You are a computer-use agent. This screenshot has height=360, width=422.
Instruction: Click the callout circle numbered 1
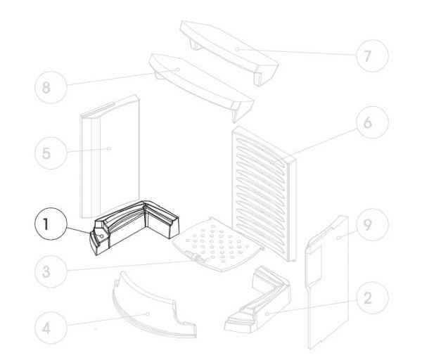[51, 224]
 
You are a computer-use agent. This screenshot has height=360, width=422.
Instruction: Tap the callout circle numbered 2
[373, 297]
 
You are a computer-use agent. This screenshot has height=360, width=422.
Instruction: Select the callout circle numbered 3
[51, 271]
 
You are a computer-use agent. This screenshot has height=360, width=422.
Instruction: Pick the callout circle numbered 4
[51, 328]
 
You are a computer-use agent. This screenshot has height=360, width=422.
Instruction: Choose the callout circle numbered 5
[51, 153]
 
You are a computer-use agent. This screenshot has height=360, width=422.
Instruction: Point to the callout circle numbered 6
[373, 122]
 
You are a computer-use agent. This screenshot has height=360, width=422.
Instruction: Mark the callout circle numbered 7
[373, 56]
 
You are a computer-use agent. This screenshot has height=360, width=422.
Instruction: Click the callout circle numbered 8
[51, 87]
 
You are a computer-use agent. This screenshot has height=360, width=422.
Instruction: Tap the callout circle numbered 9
[373, 224]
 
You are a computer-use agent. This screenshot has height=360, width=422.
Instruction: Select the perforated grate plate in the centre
[217, 244]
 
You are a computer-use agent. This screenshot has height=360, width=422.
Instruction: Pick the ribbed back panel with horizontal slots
[264, 194]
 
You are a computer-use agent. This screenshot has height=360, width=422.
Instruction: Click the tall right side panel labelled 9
[327, 283]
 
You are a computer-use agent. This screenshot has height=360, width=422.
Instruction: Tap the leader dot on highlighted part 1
[102, 236]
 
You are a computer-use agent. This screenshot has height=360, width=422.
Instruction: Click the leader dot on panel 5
[109, 148]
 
